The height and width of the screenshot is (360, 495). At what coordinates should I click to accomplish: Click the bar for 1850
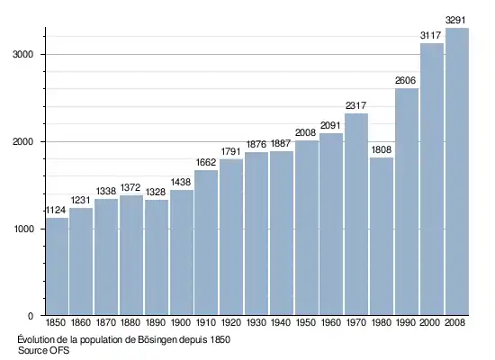pos(57,266)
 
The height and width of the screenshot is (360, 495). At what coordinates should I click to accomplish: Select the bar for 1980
pos(382,236)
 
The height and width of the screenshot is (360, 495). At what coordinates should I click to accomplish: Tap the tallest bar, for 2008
pos(457,172)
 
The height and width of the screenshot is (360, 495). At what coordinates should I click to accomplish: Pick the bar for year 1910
pos(206,242)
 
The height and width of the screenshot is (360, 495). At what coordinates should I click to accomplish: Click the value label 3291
pos(455,21)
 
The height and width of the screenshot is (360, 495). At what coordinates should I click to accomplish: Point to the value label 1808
pos(382,149)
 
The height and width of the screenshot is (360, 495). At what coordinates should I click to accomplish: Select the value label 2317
pos(356,106)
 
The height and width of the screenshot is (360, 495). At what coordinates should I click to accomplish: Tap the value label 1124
pos(56,211)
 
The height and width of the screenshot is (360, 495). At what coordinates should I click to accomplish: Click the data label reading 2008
pos(306,133)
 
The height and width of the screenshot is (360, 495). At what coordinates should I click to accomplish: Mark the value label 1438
pos(181,182)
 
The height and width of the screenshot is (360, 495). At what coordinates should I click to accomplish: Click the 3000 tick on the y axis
pos(22,54)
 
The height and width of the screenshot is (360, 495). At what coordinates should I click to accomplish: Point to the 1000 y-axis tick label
pos(23,229)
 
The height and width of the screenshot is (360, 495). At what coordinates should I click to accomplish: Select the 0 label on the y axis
pos(31,316)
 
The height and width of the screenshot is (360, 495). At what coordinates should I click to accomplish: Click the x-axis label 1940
pos(281,322)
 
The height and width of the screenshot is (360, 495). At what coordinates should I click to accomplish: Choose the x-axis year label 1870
pos(106,322)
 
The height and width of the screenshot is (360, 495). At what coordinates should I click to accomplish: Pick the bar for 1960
pos(331,224)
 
